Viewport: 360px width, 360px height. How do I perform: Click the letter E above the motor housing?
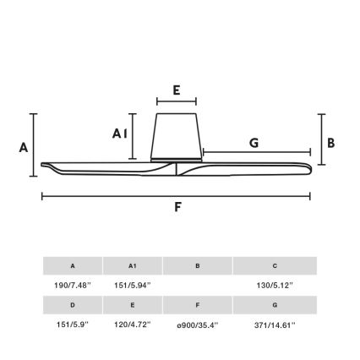pos(176,90)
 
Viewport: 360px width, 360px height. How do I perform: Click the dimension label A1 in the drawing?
pos(120,134)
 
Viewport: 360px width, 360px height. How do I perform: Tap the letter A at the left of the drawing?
pos(24,147)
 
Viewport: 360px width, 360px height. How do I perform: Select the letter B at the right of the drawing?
pos(331,143)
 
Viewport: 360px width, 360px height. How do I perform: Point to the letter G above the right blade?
pos(254,144)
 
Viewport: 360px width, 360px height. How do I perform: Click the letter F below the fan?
pos(177,207)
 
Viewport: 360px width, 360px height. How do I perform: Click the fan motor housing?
pos(177,135)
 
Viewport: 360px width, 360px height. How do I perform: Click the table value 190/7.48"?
pos(73,285)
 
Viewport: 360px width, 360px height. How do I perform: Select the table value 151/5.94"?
pos(132,285)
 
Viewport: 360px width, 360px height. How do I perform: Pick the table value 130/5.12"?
pos(275,285)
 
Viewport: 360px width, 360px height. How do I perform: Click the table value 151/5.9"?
pos(73,324)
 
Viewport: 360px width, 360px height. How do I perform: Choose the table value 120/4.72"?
pos(132,324)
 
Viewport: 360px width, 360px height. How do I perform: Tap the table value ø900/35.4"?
pos(197,324)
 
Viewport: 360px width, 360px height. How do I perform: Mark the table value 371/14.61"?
pos(275,324)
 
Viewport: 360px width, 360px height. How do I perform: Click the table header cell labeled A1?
pos(132,266)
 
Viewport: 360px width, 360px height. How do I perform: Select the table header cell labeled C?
pos(275,266)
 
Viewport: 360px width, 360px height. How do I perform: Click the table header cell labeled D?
pos(73,305)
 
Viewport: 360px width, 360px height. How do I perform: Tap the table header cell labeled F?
pos(197,305)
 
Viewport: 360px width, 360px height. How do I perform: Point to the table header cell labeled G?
pos(275,305)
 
